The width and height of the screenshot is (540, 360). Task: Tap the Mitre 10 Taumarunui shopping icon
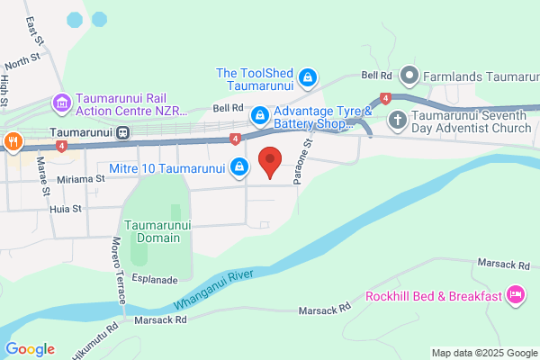pyautogui.click(x=239, y=166)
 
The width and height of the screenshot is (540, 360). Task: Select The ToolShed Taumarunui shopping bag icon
pyautogui.click(x=308, y=77)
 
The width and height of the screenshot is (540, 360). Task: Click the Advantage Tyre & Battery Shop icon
pyautogui.click(x=259, y=115)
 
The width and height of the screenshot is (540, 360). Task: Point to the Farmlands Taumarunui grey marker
pyautogui.click(x=409, y=76)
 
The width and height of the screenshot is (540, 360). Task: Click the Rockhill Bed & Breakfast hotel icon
pyautogui.click(x=515, y=294)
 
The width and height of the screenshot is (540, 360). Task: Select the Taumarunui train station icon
pyautogui.click(x=121, y=132)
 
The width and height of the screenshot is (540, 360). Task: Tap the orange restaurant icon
pyautogui.click(x=13, y=140)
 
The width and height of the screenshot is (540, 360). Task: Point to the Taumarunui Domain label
pyautogui.click(x=153, y=231)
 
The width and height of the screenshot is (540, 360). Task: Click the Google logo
pyautogui.click(x=31, y=349)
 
